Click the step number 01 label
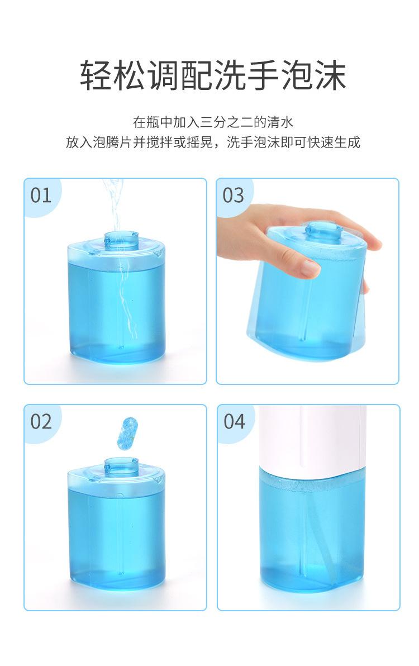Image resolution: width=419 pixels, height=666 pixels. coord(41,196)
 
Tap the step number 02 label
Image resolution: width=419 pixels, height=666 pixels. coord(41,421)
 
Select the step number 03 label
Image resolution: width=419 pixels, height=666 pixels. coord(234,196)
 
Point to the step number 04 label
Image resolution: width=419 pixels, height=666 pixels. coord(234,421)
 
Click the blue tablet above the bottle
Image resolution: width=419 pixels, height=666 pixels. coord(128,433)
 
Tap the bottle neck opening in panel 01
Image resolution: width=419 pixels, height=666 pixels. coord(121,238)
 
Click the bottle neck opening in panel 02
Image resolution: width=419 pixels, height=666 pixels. coord(121,464)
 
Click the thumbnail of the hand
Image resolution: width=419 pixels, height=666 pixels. coord(310,268)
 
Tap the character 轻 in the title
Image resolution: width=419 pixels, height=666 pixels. coord(96,75)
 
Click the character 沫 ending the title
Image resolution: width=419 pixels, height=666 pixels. coord(330,75)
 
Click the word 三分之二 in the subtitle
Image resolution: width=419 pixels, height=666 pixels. coord(227,122)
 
